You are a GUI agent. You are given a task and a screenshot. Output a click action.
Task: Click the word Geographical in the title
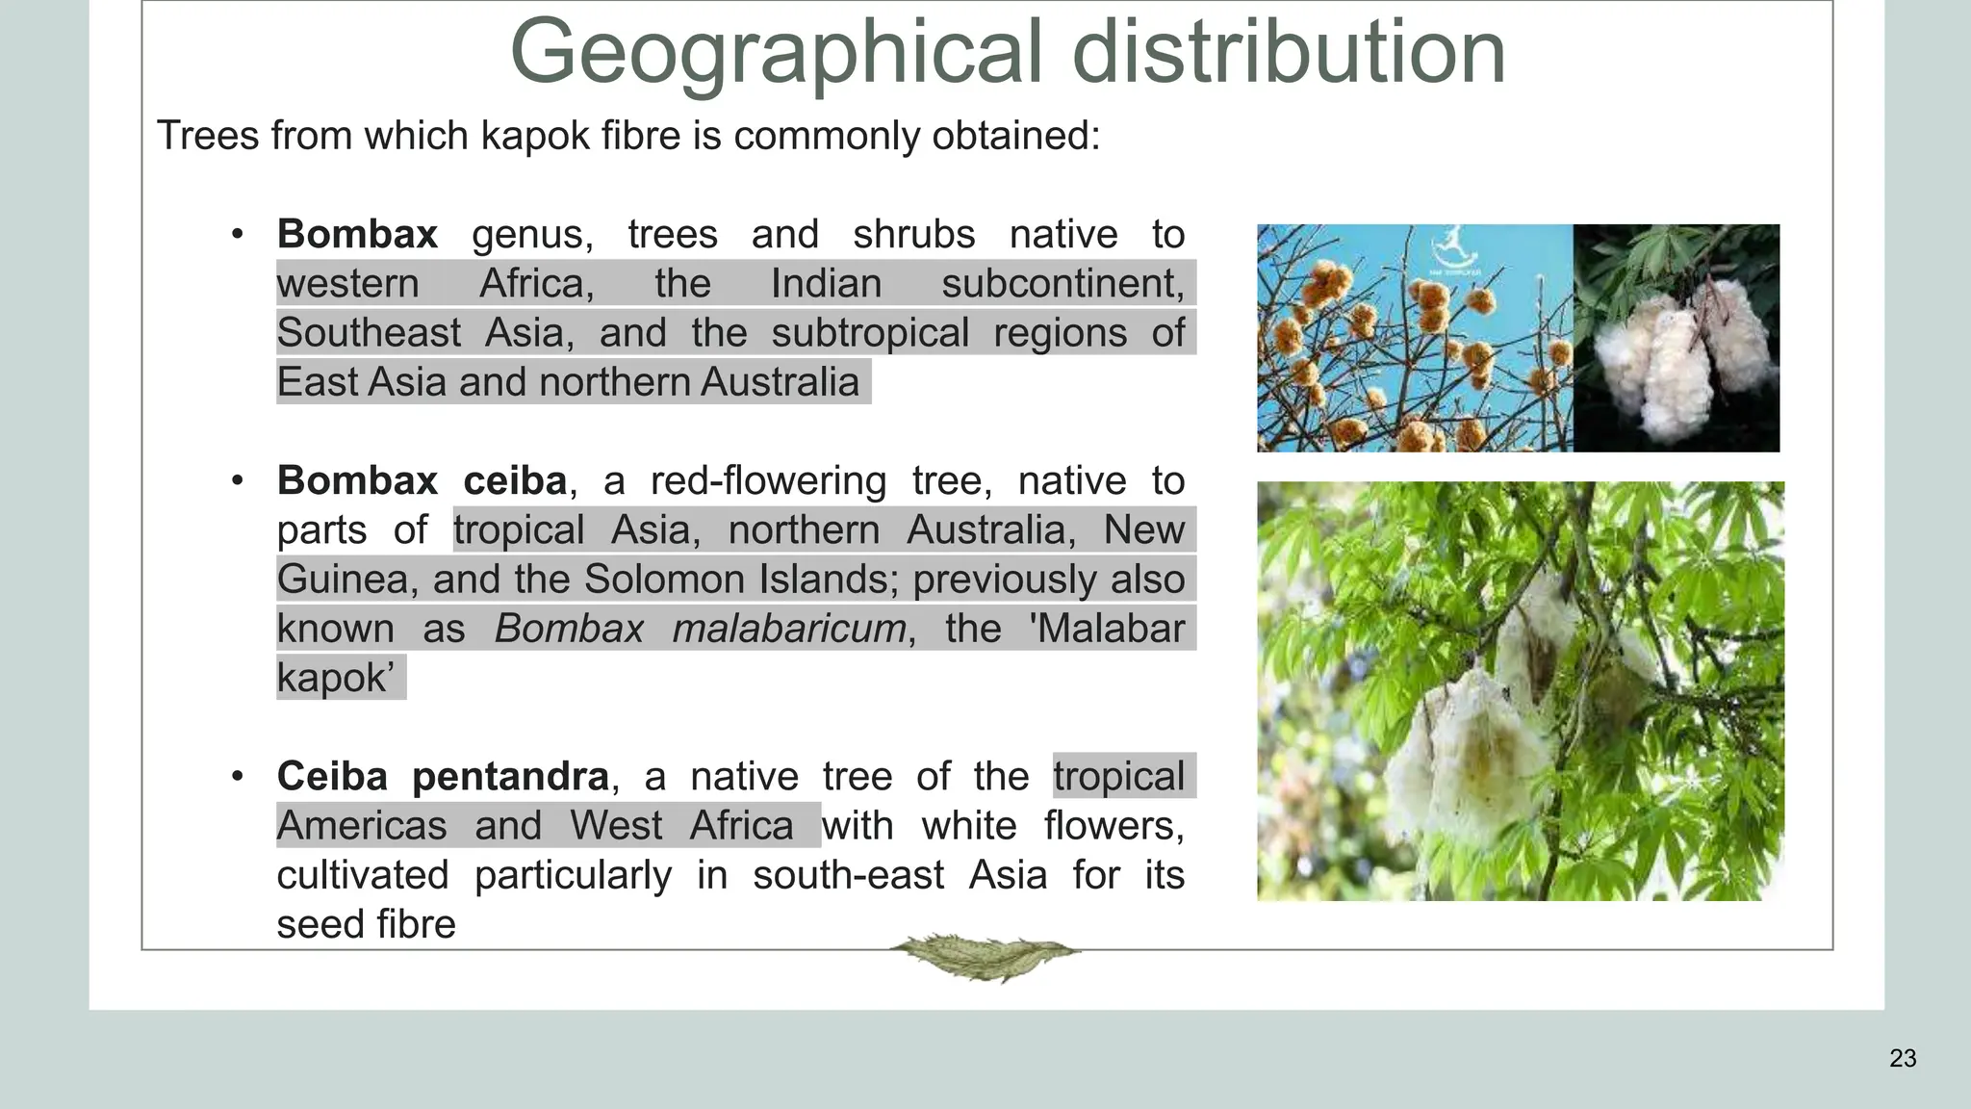pyautogui.click(x=775, y=53)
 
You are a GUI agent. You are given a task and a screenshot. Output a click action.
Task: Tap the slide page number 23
pyautogui.click(x=1903, y=1059)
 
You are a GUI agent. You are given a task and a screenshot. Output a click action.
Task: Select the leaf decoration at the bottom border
pyautogui.click(x=984, y=956)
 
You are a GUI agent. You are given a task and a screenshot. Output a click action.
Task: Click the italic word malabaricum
pyautogui.click(x=788, y=629)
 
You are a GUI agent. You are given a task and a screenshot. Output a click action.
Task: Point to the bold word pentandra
pyautogui.click(x=510, y=777)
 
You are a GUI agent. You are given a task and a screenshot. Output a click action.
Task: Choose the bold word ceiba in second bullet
pyautogui.click(x=515, y=481)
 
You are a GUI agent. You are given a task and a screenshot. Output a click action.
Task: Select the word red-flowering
pyautogui.click(x=768, y=481)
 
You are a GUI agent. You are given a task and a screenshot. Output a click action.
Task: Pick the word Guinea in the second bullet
pyautogui.click(x=347, y=580)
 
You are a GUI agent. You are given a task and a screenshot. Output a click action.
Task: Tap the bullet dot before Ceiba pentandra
pyautogui.click(x=238, y=777)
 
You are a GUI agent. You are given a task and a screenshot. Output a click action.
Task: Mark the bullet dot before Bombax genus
pyautogui.click(x=238, y=235)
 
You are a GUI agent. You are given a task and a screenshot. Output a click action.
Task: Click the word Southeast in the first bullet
pyautogui.click(x=369, y=333)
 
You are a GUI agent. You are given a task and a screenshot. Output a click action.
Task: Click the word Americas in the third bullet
pyautogui.click(x=362, y=826)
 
